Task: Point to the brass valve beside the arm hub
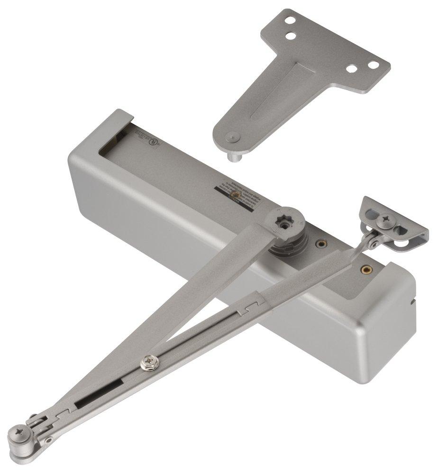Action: (321, 245)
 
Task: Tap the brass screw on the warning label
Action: (233, 194)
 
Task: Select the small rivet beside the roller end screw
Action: (47, 440)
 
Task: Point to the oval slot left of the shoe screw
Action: (371, 211)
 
